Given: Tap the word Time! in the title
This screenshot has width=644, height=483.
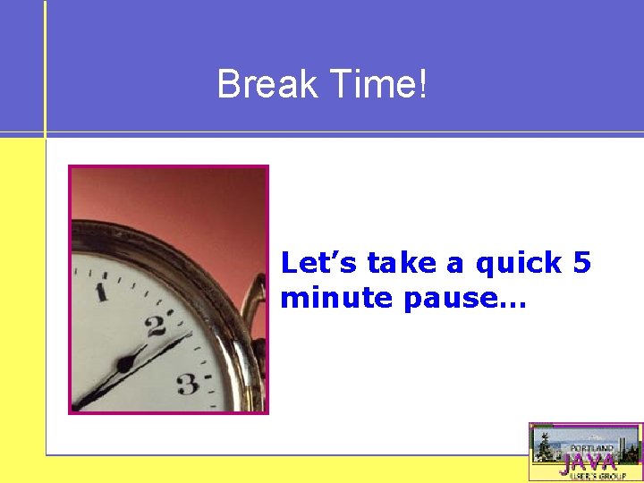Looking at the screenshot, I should (378, 86).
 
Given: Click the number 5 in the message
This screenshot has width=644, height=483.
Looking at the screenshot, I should (581, 262).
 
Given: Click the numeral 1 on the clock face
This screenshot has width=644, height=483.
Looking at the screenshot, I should (101, 292).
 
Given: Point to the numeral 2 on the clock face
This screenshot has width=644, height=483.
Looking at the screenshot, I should (157, 325).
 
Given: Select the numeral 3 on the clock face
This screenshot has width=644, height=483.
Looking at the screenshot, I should (187, 385).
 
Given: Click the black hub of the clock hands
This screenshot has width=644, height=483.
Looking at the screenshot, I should (125, 364).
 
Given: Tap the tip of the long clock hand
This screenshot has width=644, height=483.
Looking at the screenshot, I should (191, 335).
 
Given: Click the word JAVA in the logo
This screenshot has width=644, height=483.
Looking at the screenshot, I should (588, 462).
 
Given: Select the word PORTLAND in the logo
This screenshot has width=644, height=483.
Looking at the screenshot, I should (592, 447).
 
